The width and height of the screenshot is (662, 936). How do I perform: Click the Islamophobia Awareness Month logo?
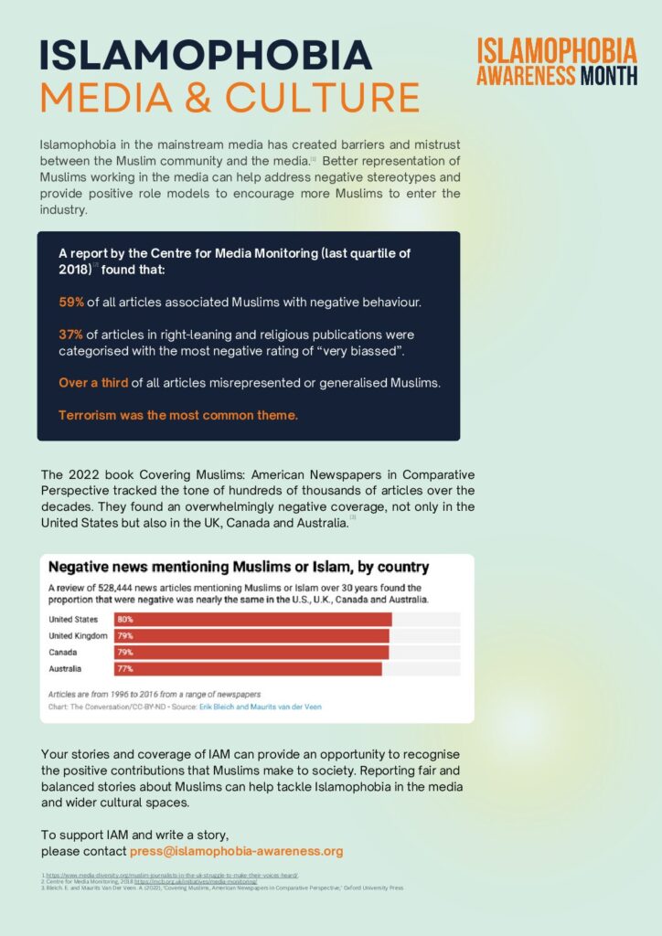coord(557,61)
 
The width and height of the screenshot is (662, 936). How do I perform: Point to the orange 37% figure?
coord(71,335)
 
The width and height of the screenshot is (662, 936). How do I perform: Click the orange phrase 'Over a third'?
coord(93,383)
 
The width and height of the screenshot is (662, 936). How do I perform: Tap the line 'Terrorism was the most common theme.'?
coord(178,416)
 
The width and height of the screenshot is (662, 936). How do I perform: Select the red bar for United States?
coord(252,619)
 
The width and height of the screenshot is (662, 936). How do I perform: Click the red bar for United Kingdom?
coord(251,635)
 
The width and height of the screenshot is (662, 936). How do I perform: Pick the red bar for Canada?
coord(251,653)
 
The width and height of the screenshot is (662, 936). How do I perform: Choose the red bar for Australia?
coord(247,669)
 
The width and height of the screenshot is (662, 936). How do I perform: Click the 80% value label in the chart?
coord(125,619)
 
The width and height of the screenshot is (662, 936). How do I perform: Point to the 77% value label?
coord(125,669)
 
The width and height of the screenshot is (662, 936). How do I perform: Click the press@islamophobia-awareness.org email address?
coord(236,851)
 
